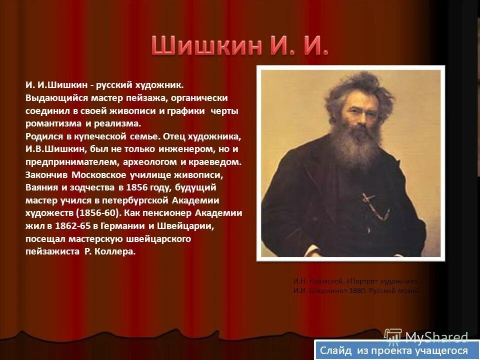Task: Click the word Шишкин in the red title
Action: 205,46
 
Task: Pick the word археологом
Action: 153,162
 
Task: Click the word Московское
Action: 97,175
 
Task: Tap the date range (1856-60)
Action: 97,213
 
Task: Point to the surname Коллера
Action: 116,252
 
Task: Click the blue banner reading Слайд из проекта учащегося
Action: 393,350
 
